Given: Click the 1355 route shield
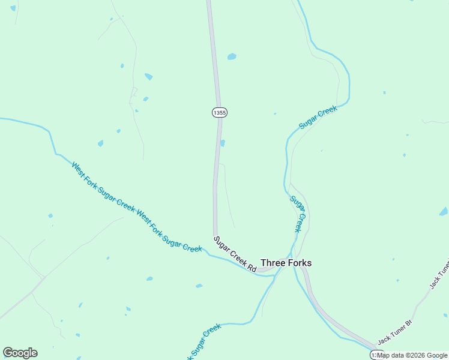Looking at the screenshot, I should click(x=220, y=112).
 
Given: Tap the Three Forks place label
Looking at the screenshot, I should click(x=286, y=263).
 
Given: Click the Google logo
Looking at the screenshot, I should click(x=20, y=353).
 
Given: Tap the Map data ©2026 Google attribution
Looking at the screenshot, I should click(x=412, y=355).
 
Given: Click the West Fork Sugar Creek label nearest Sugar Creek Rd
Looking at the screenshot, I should click(x=169, y=230).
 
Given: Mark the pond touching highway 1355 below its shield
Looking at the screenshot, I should click(x=223, y=143).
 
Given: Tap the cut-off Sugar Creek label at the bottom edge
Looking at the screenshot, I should click(x=204, y=342).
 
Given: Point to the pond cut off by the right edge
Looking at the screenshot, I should click(x=444, y=211).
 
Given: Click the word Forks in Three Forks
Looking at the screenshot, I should click(x=299, y=263).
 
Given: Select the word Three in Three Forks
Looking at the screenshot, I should click(x=273, y=263).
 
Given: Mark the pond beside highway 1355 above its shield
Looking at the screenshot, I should click(x=232, y=57).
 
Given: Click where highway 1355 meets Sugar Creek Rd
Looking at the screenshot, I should click(x=215, y=235).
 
